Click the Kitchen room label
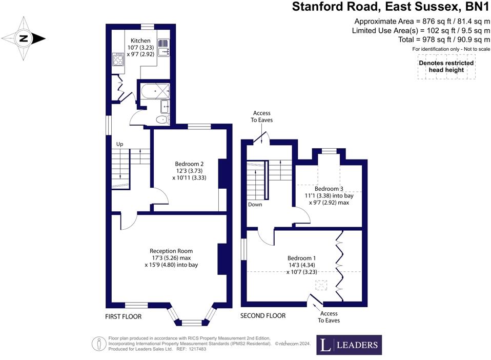coord(140,41)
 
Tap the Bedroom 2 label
coord(189,164)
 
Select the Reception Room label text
coord(172,251)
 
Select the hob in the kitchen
coord(118,60)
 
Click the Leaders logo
coord(349,345)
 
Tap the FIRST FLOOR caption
coord(123,317)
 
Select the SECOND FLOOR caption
coord(263,316)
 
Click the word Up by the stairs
coord(120,144)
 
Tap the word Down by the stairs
coord(255,205)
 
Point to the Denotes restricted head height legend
coord(446,67)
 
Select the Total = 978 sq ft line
coord(444,39)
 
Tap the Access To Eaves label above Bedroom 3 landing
coord(261,116)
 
